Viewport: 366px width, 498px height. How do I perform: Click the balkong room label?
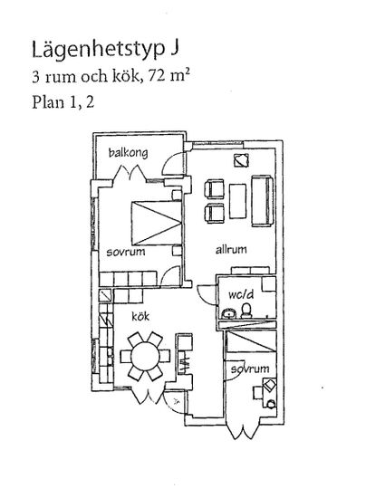click(128, 153)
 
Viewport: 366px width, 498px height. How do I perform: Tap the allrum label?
click(231, 250)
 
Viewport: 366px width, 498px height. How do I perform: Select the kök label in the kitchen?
click(140, 316)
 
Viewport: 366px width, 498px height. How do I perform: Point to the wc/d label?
click(241, 295)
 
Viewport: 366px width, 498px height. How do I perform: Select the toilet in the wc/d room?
click(246, 311)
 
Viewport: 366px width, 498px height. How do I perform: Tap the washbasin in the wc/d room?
click(228, 313)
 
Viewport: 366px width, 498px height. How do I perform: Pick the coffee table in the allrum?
click(238, 201)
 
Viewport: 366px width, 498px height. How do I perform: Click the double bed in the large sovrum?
click(156, 223)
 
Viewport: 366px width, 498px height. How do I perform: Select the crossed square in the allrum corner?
click(241, 160)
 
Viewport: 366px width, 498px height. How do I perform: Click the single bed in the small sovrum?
click(250, 341)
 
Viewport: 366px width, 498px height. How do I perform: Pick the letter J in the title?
click(175, 48)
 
